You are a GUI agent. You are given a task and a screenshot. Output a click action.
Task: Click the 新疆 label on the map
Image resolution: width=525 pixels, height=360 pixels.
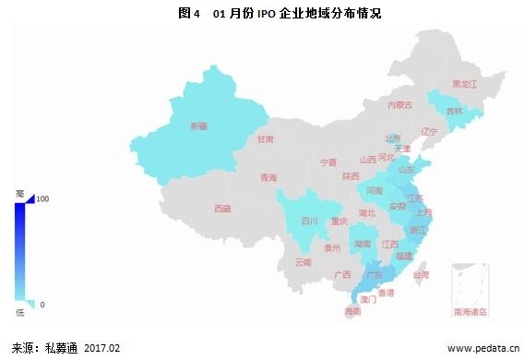199,126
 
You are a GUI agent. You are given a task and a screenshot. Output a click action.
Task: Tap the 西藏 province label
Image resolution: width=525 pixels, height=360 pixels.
222,209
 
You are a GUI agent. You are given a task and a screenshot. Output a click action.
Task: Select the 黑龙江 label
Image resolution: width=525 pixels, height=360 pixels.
464,84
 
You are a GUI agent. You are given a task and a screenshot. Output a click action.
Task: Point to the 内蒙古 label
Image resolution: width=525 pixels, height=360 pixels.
401,104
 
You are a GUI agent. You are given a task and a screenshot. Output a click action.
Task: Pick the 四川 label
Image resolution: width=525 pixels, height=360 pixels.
309,222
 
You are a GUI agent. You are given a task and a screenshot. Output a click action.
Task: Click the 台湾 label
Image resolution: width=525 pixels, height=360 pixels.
421,275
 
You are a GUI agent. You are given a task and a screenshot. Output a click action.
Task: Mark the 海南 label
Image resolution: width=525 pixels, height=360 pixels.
352,311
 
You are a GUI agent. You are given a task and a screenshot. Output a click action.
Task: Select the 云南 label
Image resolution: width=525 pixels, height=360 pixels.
304,263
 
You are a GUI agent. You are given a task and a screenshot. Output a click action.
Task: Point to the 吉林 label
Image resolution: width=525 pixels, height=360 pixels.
455,111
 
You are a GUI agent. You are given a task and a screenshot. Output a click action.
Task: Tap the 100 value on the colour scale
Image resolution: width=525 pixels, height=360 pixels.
42,198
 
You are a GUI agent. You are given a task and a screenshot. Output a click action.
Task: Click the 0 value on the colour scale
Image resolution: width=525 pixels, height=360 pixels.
42,305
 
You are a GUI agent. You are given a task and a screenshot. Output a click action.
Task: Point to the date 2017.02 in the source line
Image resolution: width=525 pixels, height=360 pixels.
101,348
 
